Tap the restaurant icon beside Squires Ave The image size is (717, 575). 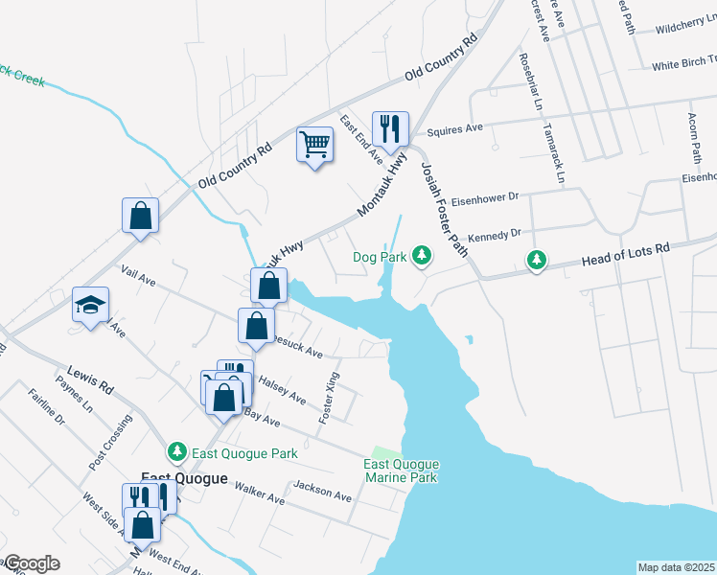(x=390, y=127)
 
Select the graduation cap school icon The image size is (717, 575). (x=91, y=306)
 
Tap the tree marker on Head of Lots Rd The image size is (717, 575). (x=538, y=260)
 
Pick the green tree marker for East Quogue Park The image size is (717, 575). (x=176, y=451)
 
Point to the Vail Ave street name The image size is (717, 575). (x=139, y=277)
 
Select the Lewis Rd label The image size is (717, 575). (x=90, y=379)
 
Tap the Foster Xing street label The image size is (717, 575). (x=331, y=398)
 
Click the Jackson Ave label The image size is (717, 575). (x=323, y=493)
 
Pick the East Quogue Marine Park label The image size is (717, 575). (x=400, y=471)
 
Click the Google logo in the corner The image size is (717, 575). (x=32, y=563)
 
